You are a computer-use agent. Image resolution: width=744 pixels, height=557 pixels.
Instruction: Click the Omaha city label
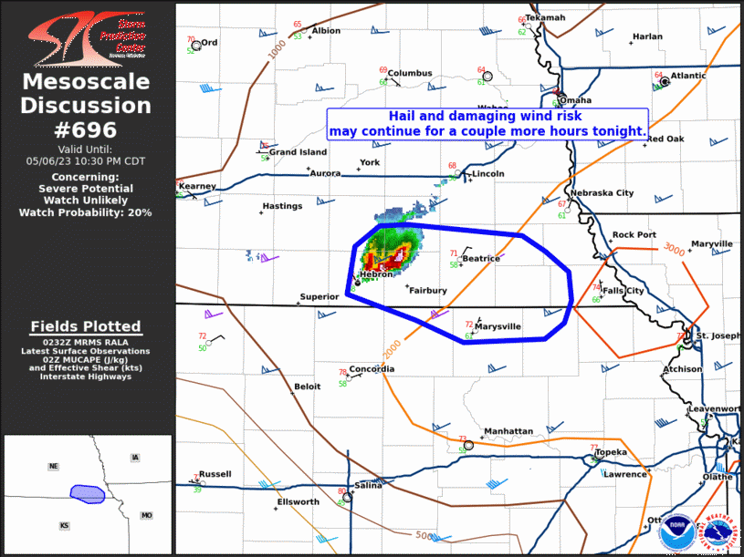pyautogui.click(x=575, y=100)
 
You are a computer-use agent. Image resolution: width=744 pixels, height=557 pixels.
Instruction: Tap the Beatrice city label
pyautogui.click(x=480, y=259)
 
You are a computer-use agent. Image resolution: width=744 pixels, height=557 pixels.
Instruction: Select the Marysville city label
pyautogui.click(x=498, y=326)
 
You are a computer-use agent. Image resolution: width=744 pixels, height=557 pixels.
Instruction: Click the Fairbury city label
pyautogui.click(x=427, y=291)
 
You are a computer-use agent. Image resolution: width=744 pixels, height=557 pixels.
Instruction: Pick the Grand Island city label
pyautogui.click(x=298, y=152)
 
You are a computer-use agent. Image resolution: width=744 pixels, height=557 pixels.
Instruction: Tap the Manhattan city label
pyautogui.click(x=508, y=431)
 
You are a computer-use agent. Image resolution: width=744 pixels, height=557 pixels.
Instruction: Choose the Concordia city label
pyautogui.click(x=372, y=369)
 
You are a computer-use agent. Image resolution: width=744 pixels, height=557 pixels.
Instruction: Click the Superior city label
pyautogui.click(x=319, y=297)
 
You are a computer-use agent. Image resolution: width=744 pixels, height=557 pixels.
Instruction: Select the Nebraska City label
pyautogui.click(x=601, y=193)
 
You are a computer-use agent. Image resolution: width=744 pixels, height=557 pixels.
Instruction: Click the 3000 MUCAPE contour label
pyautogui.click(x=674, y=249)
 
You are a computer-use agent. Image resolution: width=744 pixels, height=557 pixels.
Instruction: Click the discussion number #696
pyautogui.click(x=87, y=129)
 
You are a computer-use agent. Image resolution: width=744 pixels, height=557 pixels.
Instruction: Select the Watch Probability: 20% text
pyautogui.click(x=86, y=212)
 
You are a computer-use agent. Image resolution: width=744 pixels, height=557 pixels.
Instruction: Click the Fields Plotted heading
pyautogui.click(x=86, y=326)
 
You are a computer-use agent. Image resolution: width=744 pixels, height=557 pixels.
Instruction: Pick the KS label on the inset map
pyautogui.click(x=64, y=526)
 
